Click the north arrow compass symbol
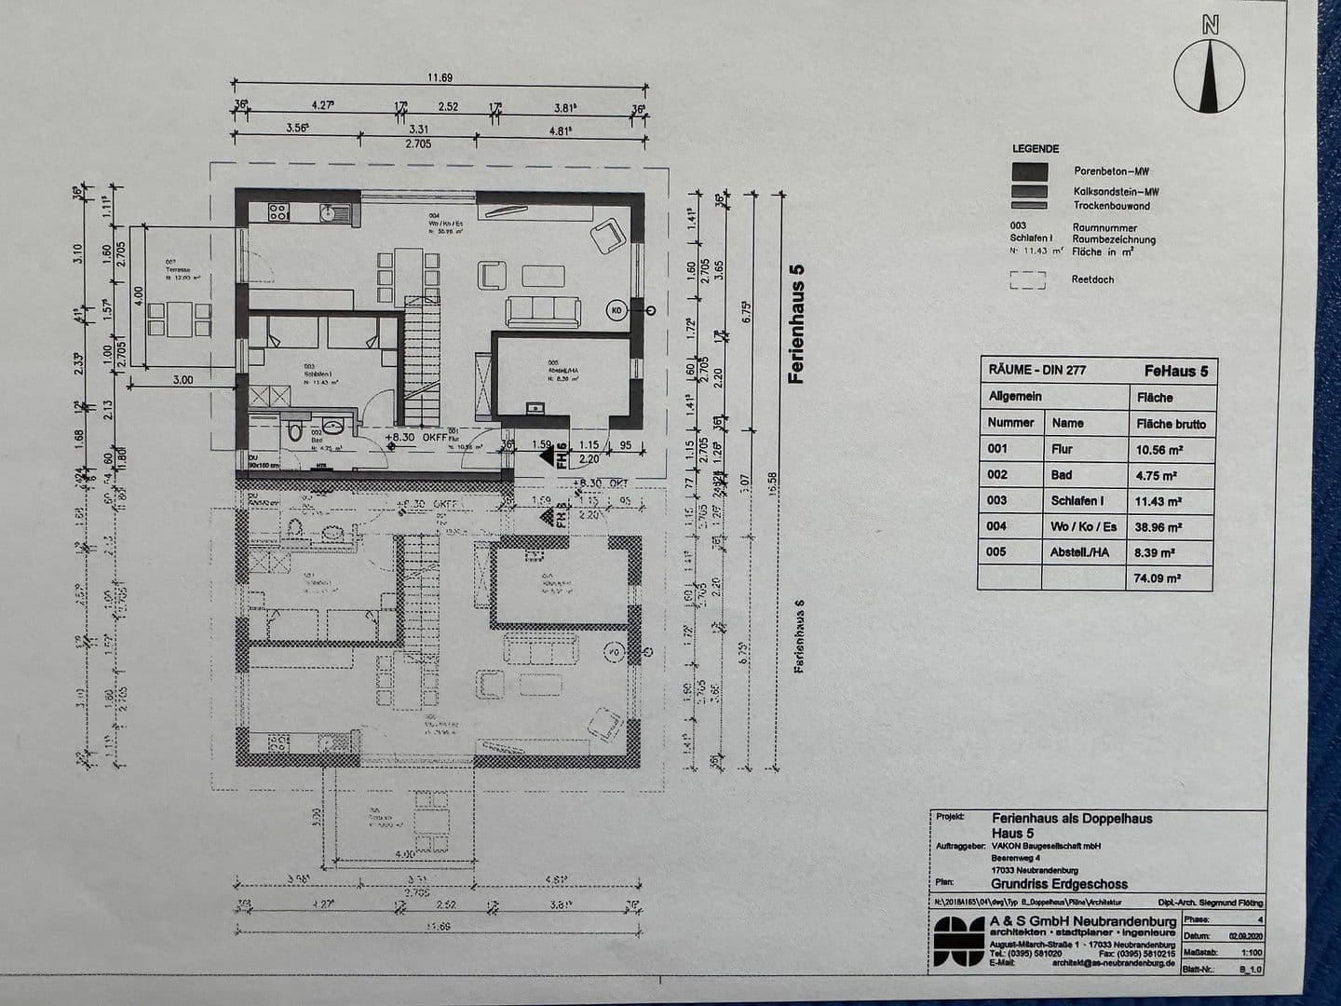tap(1209, 76)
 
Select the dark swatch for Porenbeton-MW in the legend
tap(1029, 171)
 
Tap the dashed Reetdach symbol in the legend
tap(1028, 279)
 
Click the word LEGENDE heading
tap(1036, 149)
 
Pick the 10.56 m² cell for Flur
tap(1158, 449)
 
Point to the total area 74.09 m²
tap(1158, 578)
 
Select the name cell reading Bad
tap(1062, 475)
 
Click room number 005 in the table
tap(997, 551)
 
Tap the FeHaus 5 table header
tap(1175, 371)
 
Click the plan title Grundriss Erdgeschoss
tap(1059, 884)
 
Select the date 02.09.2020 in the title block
tap(1246, 936)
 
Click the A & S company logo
tap(959, 943)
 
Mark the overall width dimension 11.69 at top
tap(440, 78)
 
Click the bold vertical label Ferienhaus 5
tap(796, 323)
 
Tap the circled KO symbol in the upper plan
tap(616, 309)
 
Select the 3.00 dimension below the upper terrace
tap(183, 380)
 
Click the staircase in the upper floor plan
tap(422, 363)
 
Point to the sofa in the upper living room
tap(542, 309)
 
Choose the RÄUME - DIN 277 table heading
tap(1037, 371)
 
